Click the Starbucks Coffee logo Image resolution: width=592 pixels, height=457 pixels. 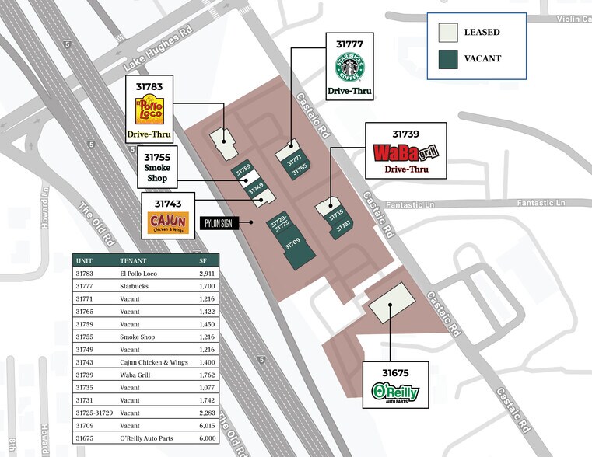[x=349, y=67]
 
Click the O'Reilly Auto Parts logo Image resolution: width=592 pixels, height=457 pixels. [x=395, y=392]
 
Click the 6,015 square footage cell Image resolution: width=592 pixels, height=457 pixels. [x=206, y=425]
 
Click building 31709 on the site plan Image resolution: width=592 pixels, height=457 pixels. [x=294, y=247]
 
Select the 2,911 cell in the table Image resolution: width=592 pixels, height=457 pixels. [x=206, y=274]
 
